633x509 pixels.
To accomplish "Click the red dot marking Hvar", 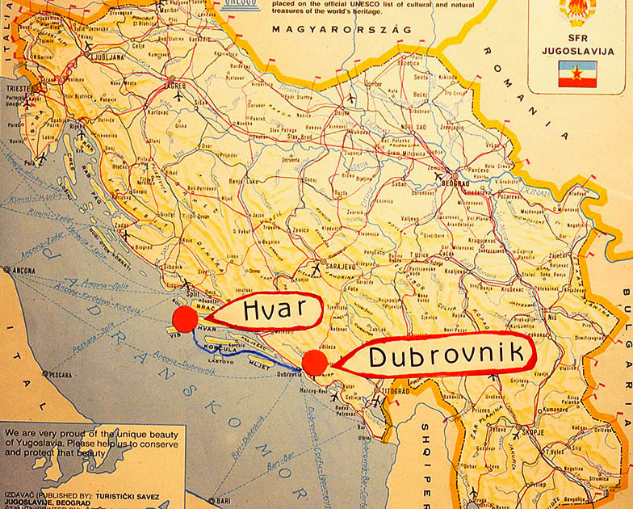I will [x=185, y=318].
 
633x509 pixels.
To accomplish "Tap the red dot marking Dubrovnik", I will [x=315, y=363].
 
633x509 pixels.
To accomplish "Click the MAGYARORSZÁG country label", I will [x=341, y=29].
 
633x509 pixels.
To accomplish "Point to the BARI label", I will [x=220, y=500].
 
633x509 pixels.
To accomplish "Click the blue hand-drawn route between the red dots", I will [x=242, y=353].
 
